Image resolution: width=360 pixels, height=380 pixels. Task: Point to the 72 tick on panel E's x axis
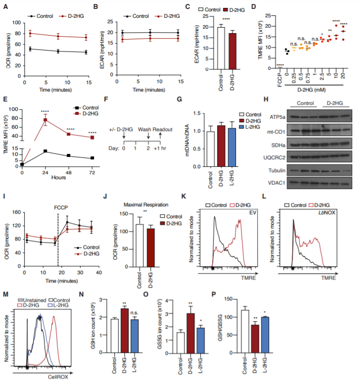point(92,172)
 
